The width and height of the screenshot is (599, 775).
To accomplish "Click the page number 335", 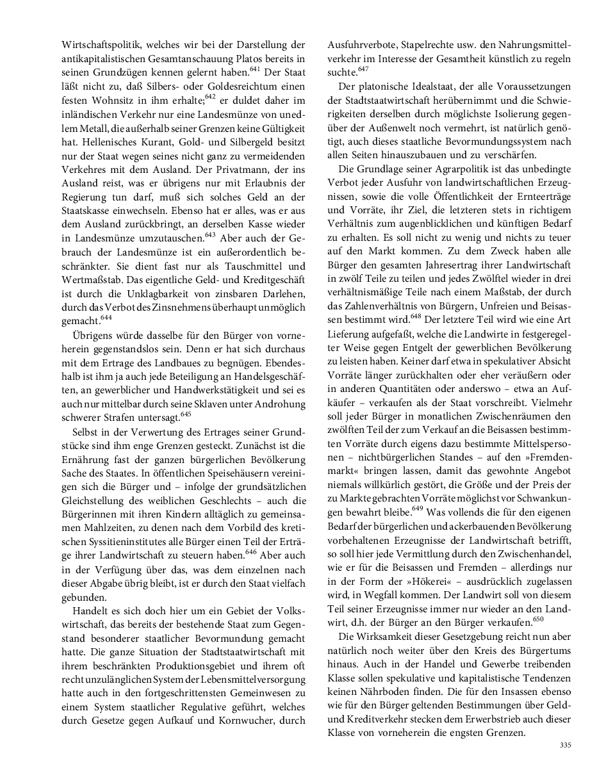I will (x=564, y=745).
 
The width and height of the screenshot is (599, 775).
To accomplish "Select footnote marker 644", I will (x=106, y=318).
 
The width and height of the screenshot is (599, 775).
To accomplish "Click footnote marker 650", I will (x=539, y=618).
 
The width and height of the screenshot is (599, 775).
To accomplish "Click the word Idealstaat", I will (x=422, y=87).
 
